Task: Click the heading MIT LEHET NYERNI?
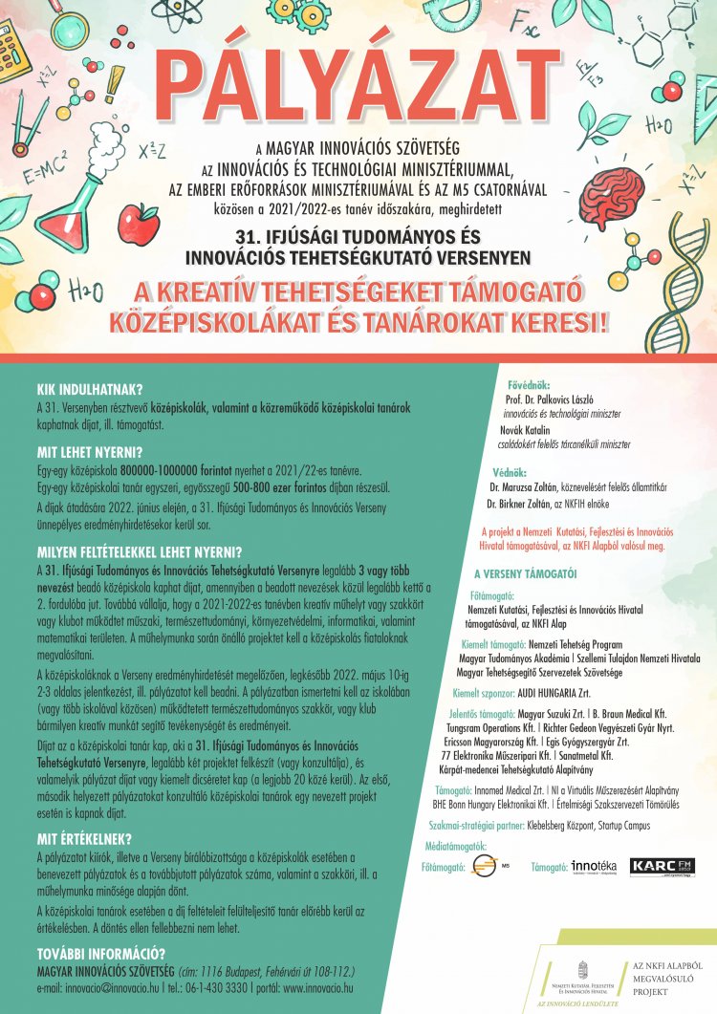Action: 89,451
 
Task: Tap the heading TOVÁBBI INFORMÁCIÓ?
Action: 102,953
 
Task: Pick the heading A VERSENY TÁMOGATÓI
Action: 526,574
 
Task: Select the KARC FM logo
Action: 663,866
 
